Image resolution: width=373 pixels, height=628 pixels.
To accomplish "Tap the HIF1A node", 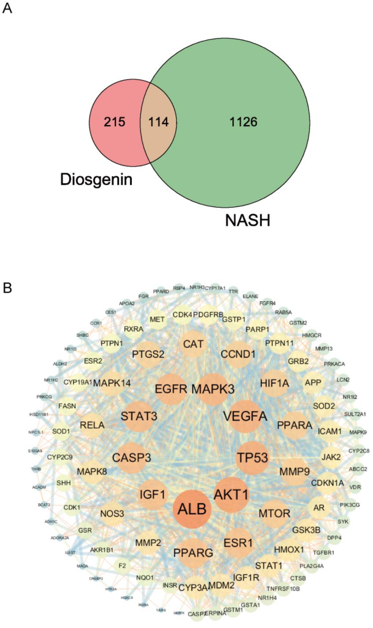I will click(x=274, y=383).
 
